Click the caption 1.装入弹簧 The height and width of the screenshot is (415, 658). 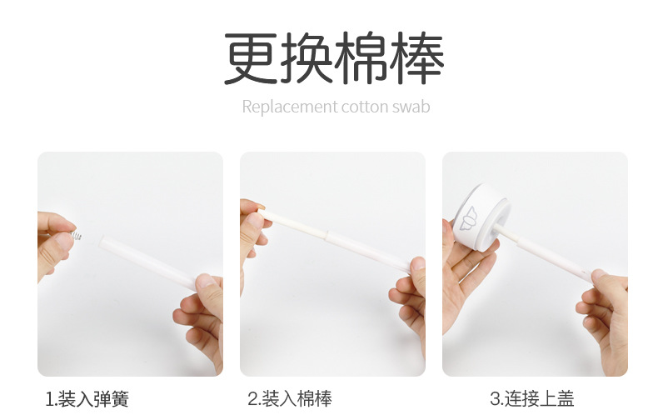tap(87, 399)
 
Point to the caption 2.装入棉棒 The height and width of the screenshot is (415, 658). tap(290, 399)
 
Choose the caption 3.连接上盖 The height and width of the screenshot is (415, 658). tap(532, 399)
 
